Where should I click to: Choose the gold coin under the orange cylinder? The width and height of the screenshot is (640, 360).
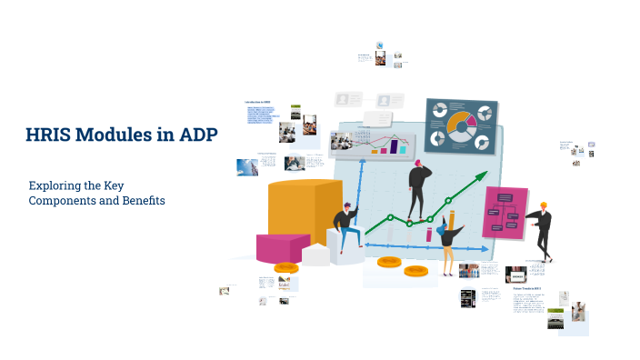click(286, 268)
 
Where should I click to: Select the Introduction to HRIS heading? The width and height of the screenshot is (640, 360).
click(259, 101)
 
